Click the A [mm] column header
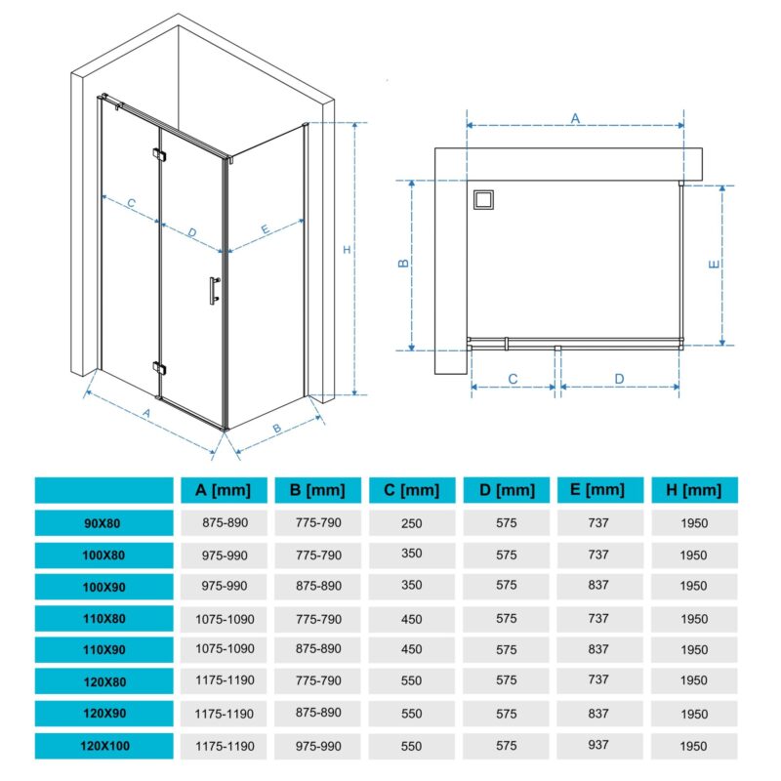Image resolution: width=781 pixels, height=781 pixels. (x=224, y=490)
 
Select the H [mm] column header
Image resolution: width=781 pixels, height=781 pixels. (x=694, y=490)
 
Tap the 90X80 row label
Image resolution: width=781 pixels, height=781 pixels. (x=103, y=523)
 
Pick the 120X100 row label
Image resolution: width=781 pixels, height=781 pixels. (x=103, y=746)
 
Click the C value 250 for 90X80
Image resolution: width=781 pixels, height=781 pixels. (x=411, y=523)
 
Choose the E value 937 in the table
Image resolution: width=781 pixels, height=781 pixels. (x=598, y=745)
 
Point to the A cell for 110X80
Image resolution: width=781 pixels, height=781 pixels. (x=225, y=619)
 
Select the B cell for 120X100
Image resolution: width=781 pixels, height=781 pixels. (x=318, y=746)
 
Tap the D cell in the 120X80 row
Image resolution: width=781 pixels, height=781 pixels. (x=506, y=680)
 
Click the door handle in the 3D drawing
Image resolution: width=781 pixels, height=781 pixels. (x=214, y=290)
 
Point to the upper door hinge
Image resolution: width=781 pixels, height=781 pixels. (x=159, y=154)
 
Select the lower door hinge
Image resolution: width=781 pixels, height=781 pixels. (x=159, y=368)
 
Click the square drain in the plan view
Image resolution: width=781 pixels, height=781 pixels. (x=483, y=200)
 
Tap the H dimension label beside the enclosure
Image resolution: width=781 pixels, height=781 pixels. (x=348, y=250)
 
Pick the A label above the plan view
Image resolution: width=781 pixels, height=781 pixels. (x=575, y=118)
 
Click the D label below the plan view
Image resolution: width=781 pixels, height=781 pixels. (x=619, y=379)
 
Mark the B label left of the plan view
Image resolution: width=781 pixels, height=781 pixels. (x=403, y=264)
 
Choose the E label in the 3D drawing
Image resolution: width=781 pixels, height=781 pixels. (x=265, y=229)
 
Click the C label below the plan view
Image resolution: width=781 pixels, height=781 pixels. (x=513, y=379)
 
